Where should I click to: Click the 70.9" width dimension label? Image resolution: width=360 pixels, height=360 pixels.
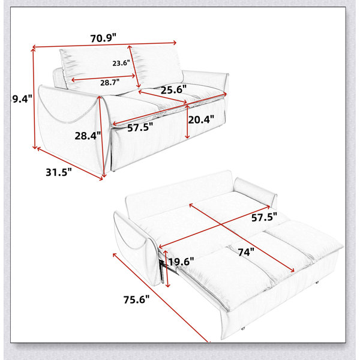pos(103,38)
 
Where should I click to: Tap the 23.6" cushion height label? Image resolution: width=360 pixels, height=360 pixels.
pos(121,63)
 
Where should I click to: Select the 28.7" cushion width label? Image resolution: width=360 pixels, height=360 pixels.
pos(110,82)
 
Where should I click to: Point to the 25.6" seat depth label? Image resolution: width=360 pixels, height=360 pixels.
pos(173,89)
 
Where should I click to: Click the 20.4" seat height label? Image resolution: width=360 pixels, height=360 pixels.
pos(201,119)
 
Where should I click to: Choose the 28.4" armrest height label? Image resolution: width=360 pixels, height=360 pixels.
pos(88,136)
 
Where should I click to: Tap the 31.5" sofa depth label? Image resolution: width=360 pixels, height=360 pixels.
pos(59,172)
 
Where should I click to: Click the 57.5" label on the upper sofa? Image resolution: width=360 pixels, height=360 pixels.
pos(140,127)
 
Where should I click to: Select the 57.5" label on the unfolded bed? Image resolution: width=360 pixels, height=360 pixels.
pos(264,217)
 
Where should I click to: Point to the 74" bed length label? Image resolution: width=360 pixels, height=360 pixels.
pos(246,253)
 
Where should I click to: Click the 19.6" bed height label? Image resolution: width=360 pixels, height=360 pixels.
pos(181,262)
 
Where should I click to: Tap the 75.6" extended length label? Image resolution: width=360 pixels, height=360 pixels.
pos(136,299)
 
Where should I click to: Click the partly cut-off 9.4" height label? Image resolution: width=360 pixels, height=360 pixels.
pos(21,99)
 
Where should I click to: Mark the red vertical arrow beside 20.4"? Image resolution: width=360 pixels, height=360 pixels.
pos(187,121)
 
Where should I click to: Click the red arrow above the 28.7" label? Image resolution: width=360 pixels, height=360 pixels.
pos(103,78)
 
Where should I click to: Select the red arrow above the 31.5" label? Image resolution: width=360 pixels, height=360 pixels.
pos(70,163)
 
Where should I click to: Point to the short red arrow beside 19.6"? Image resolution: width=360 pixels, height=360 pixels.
pos(166,268)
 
